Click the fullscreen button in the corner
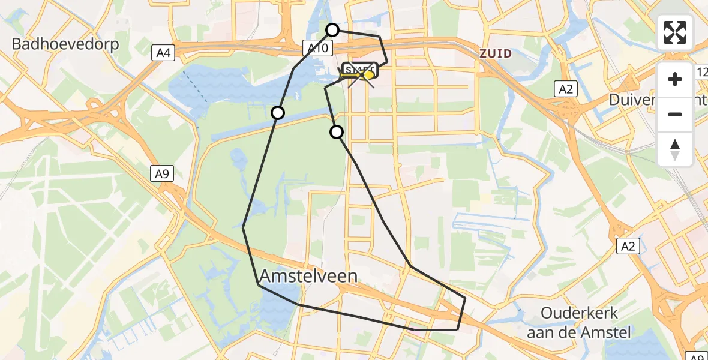(675, 32)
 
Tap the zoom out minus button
(675, 115)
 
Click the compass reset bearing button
(675, 149)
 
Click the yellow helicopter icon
(368, 75)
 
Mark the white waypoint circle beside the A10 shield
(332, 29)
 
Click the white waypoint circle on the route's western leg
(278, 112)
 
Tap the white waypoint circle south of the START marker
(337, 132)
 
